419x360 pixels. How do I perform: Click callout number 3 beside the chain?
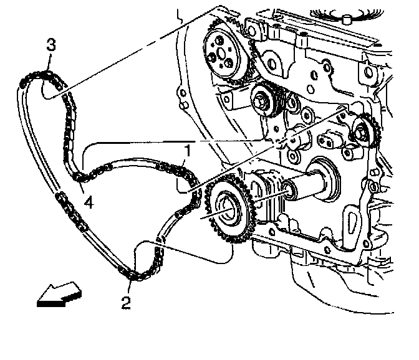51,45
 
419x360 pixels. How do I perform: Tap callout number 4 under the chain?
89,202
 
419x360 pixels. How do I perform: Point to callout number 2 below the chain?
126,303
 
